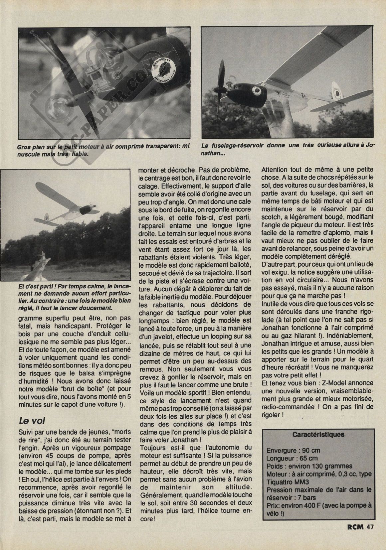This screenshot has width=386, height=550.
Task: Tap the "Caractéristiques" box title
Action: pyautogui.click(x=318, y=434)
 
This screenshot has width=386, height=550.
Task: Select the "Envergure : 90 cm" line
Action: pyautogui.click(x=293, y=450)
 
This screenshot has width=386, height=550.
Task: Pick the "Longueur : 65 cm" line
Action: pyautogui.click(x=292, y=458)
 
